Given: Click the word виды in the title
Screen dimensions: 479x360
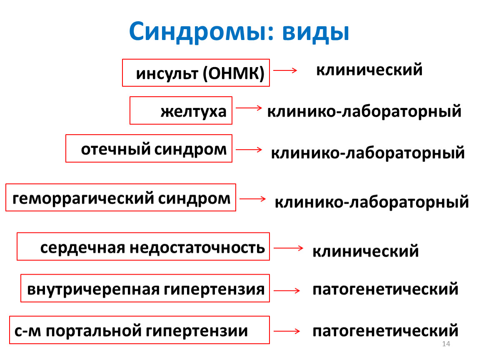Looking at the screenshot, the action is click(316, 32).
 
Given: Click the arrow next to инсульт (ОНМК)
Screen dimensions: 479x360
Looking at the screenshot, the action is click(285, 70).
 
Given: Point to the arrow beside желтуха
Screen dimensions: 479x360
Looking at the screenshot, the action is click(249, 107).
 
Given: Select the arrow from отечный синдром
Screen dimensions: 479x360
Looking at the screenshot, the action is click(249, 150).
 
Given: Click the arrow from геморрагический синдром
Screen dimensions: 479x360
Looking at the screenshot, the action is click(253, 199).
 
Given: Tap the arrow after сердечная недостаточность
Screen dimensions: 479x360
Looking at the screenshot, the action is click(288, 248).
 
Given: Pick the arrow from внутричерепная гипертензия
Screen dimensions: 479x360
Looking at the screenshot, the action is click(287, 290).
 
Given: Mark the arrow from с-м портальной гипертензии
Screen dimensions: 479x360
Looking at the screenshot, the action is click(287, 331).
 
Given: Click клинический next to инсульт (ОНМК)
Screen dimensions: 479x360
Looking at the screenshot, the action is click(369, 69).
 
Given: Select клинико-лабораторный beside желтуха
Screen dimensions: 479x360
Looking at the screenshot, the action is click(364, 111).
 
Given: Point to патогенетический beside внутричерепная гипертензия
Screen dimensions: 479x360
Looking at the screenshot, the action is click(385, 289).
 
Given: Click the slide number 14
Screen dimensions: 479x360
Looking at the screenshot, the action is click(446, 344).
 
